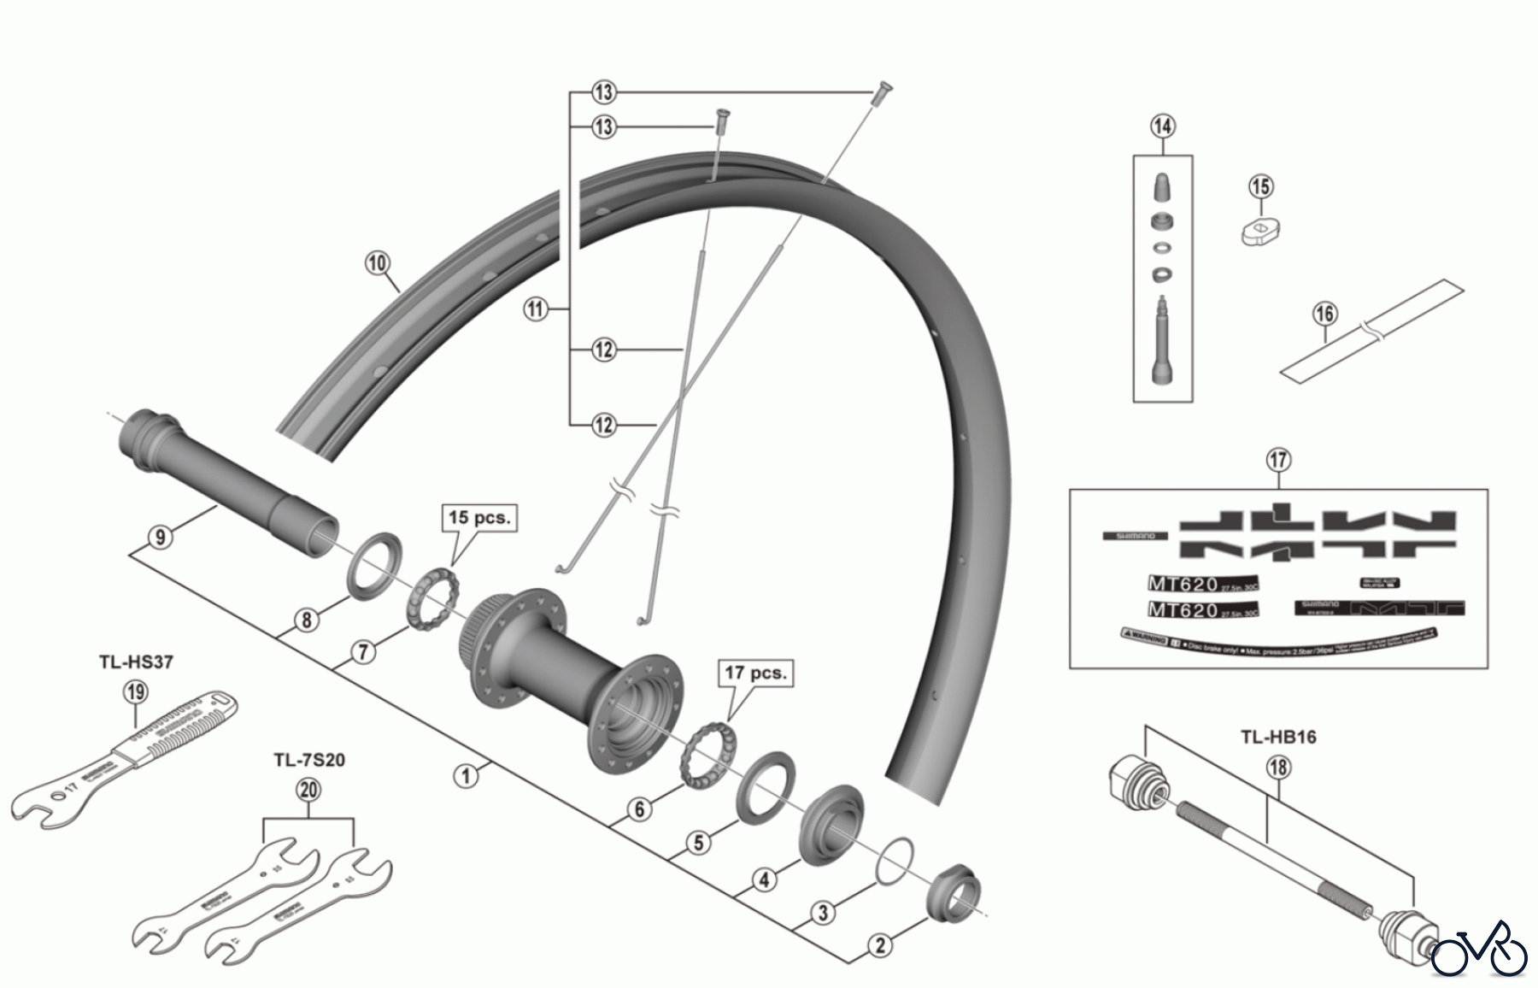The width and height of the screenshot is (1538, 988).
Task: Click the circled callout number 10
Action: coord(377,262)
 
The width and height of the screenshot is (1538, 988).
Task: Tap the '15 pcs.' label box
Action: coord(479,518)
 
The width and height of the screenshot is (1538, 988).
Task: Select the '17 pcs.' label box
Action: coord(755,673)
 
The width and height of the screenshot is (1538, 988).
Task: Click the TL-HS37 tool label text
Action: coord(137,662)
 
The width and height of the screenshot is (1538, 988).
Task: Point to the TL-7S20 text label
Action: coord(309,760)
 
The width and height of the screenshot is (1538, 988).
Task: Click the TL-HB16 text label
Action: coord(1278,737)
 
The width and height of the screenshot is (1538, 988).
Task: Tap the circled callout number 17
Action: coord(1278,460)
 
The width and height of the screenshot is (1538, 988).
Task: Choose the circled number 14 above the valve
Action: coord(1162,126)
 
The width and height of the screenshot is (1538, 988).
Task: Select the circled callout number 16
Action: coord(1324,314)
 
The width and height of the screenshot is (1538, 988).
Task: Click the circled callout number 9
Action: coord(160,537)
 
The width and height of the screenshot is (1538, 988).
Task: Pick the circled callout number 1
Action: coord(466,776)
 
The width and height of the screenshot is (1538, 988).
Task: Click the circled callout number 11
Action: coord(535,309)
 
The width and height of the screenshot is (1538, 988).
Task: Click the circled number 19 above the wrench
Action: coord(136,691)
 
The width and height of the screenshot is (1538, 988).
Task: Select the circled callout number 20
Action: coord(308,790)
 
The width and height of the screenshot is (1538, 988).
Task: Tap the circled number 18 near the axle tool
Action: coord(1278,767)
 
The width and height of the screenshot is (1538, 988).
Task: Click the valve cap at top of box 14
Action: coord(1162,186)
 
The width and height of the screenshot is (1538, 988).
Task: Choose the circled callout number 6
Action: coord(641,809)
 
